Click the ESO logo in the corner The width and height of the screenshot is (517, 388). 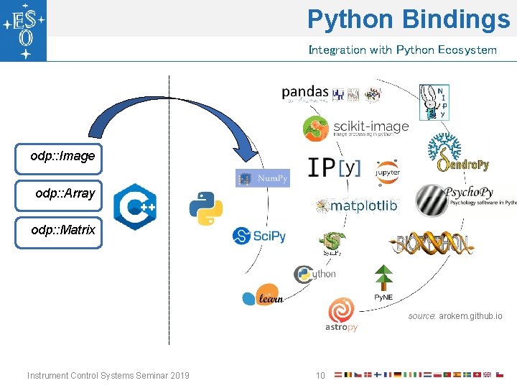[x=24, y=30]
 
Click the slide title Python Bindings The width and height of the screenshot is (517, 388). [x=408, y=19]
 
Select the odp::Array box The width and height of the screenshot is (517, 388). [x=60, y=194]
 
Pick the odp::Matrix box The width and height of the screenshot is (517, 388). [x=60, y=231]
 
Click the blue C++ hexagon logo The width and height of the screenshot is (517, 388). [x=135, y=206]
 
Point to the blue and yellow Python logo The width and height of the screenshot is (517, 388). [x=205, y=208]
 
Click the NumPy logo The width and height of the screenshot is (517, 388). [x=262, y=178]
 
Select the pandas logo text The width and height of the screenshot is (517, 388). [x=304, y=93]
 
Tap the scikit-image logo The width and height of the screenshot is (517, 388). [x=355, y=128]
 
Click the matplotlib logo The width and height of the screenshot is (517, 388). [x=356, y=206]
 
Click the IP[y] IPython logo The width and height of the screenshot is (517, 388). [x=334, y=167]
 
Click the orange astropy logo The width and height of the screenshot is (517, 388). [x=341, y=315]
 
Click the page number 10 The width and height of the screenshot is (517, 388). [x=321, y=375]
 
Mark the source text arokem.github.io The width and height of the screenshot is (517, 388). [x=455, y=316]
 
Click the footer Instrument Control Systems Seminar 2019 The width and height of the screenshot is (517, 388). [x=108, y=375]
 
